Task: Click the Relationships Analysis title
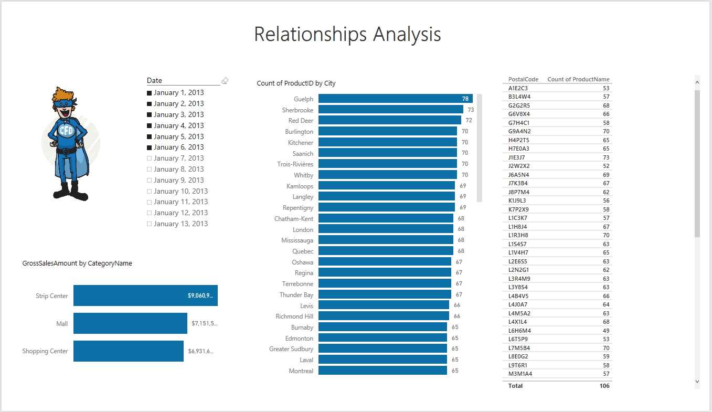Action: click(347, 34)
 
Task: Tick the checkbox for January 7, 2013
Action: click(150, 159)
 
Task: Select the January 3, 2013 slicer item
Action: click(178, 114)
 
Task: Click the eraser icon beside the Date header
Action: click(225, 81)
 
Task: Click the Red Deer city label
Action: click(301, 121)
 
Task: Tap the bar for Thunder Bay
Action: click(385, 295)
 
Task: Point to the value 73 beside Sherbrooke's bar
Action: click(471, 110)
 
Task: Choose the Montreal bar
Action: click(382, 371)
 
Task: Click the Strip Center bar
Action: click(145, 295)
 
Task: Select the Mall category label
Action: click(62, 324)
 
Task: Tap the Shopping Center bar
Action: click(128, 351)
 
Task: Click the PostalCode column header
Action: click(523, 80)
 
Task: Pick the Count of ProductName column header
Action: click(578, 80)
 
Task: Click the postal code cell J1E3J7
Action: click(517, 157)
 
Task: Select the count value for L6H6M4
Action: click(606, 331)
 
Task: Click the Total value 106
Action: click(604, 386)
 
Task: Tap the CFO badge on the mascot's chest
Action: click(67, 130)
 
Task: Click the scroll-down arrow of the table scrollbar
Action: click(697, 382)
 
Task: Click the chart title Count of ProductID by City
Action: click(296, 83)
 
